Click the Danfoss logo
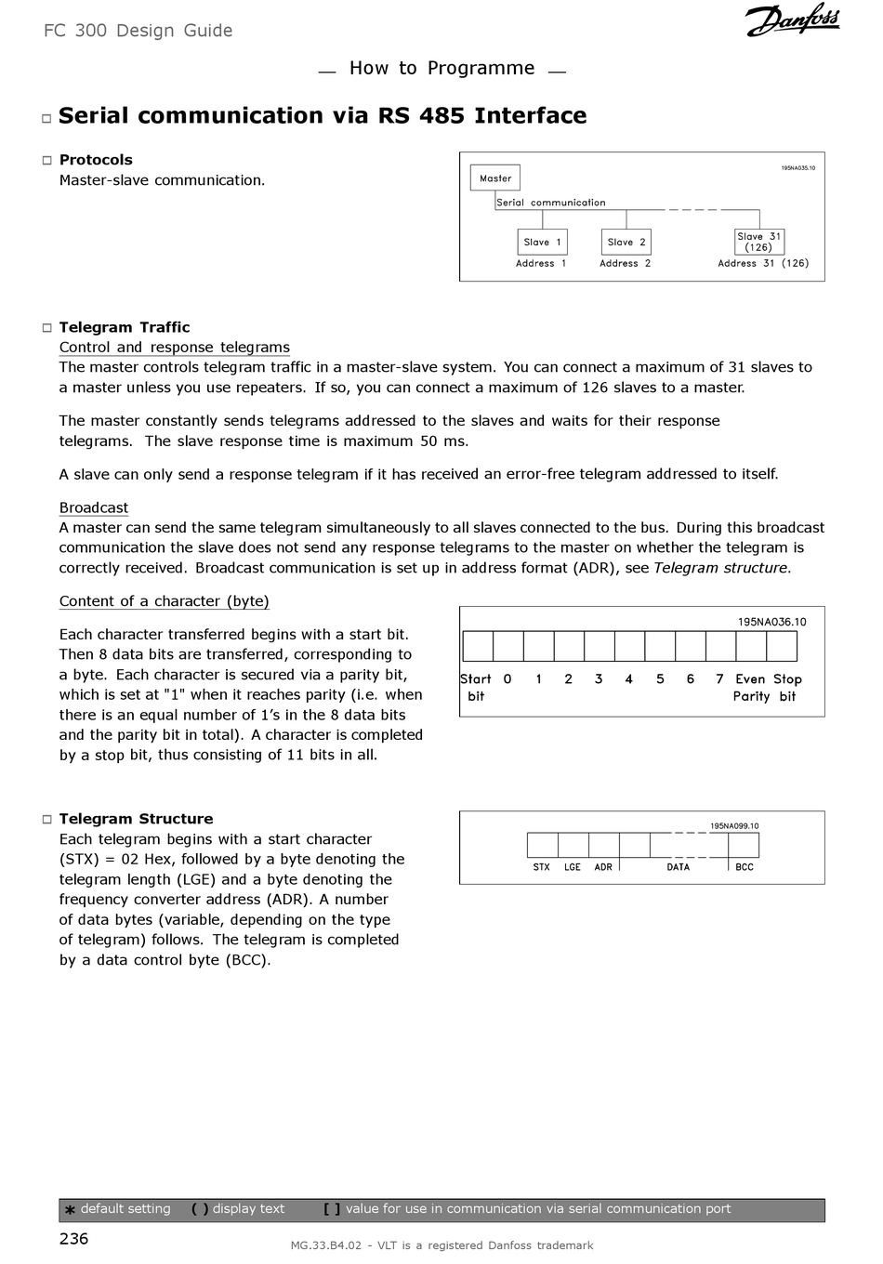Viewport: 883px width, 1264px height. (792, 20)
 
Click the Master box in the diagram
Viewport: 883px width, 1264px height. (495, 178)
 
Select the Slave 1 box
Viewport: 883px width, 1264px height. (543, 243)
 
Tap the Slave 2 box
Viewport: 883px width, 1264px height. (626, 243)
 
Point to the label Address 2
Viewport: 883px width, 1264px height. (625, 264)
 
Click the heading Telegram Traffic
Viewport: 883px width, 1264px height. (125, 327)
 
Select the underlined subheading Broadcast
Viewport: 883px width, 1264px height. (94, 507)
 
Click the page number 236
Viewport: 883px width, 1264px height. (73, 1238)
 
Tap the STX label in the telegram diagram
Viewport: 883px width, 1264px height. (542, 867)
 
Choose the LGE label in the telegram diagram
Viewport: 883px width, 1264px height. (573, 867)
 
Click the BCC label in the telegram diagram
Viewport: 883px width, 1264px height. (745, 867)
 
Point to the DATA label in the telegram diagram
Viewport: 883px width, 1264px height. (679, 867)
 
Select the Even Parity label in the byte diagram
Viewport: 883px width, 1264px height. (751, 688)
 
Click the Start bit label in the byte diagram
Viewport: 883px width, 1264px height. (476, 688)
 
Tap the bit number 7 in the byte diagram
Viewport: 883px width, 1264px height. (719, 679)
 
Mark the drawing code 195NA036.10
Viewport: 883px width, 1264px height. (772, 622)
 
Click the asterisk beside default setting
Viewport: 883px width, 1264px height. (70, 1210)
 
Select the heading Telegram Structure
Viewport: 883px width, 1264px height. (136, 819)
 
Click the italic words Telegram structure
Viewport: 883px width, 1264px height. (720, 568)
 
